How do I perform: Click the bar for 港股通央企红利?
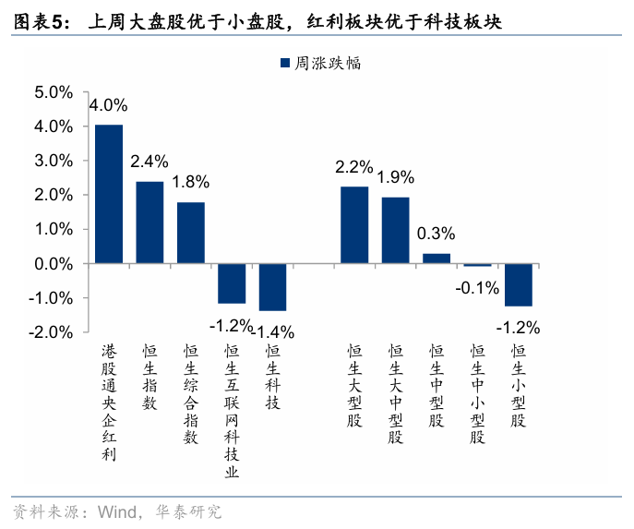pos(109,194)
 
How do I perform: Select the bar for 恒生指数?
pos(150,222)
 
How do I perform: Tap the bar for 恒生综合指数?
pos(191,233)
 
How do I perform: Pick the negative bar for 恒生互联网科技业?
pos(232,283)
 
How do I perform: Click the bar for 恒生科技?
pos(272,287)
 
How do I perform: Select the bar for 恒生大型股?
pos(354,225)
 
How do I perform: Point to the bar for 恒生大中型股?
pos(395,231)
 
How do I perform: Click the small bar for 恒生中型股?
pos(437,258)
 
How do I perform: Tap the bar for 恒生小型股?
pos(518,284)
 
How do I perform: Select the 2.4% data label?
pos(150,162)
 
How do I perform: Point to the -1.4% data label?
pos(274,331)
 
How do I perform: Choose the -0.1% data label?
pos(477,287)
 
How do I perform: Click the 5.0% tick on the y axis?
pos(53,92)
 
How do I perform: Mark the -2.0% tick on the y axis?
pos(51,332)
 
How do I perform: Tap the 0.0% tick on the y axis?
pos(53,264)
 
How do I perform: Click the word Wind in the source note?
pos(115,511)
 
